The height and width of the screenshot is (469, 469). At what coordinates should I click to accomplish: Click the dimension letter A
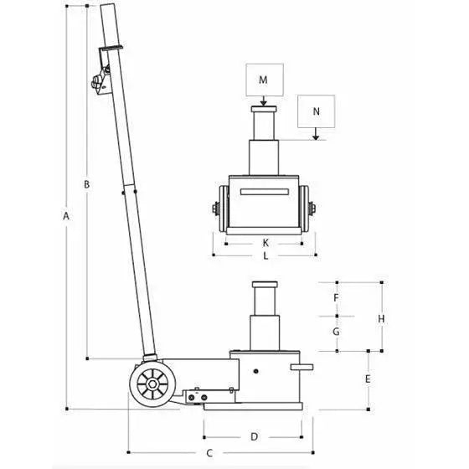coord(66,216)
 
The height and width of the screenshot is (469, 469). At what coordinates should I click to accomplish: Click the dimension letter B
coord(86,183)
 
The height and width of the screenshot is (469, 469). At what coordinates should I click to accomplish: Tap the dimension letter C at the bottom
coord(210,452)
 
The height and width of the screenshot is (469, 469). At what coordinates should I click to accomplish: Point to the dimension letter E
coord(368,379)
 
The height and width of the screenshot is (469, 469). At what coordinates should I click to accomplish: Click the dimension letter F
coord(336,298)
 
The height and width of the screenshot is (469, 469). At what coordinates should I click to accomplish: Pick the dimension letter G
coord(336,332)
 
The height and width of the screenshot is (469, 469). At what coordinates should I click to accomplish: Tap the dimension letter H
coord(380,318)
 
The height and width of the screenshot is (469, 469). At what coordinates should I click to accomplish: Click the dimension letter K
coord(265,241)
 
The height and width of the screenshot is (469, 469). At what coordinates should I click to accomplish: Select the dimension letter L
coord(265,256)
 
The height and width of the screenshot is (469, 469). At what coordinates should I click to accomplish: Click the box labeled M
coord(263,80)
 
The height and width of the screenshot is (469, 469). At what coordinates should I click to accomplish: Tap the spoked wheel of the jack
coord(151,386)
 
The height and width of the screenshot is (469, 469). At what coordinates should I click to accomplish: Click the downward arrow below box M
coord(263,102)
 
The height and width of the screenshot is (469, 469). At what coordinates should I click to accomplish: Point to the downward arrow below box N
coord(316,133)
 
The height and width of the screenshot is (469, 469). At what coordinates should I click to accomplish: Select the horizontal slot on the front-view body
coord(265,193)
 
